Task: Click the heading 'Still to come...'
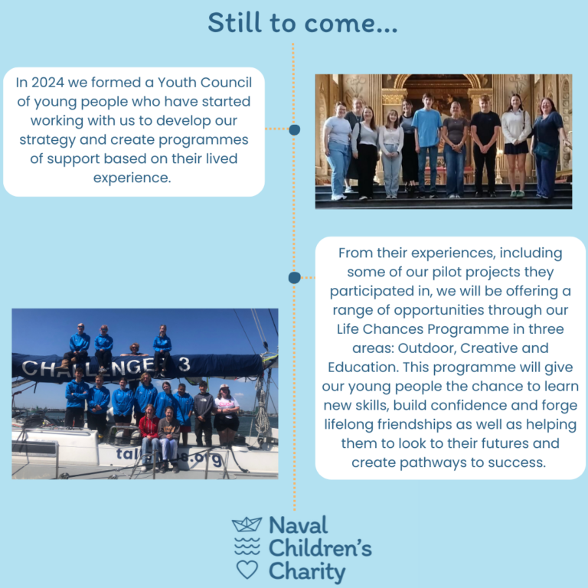point(302,23)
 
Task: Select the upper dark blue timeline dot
point(294,129)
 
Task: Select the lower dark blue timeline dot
point(294,277)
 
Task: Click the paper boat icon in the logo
point(247,524)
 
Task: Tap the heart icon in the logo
point(247,570)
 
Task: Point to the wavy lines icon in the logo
point(247,546)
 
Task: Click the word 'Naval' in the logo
point(299,525)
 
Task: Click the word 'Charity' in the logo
point(307,571)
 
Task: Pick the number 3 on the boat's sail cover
point(184,364)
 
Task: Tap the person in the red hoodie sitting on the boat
point(149,437)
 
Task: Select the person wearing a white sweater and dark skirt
point(516,145)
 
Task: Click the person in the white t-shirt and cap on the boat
point(227,415)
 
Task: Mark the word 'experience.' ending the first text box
point(132,178)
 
